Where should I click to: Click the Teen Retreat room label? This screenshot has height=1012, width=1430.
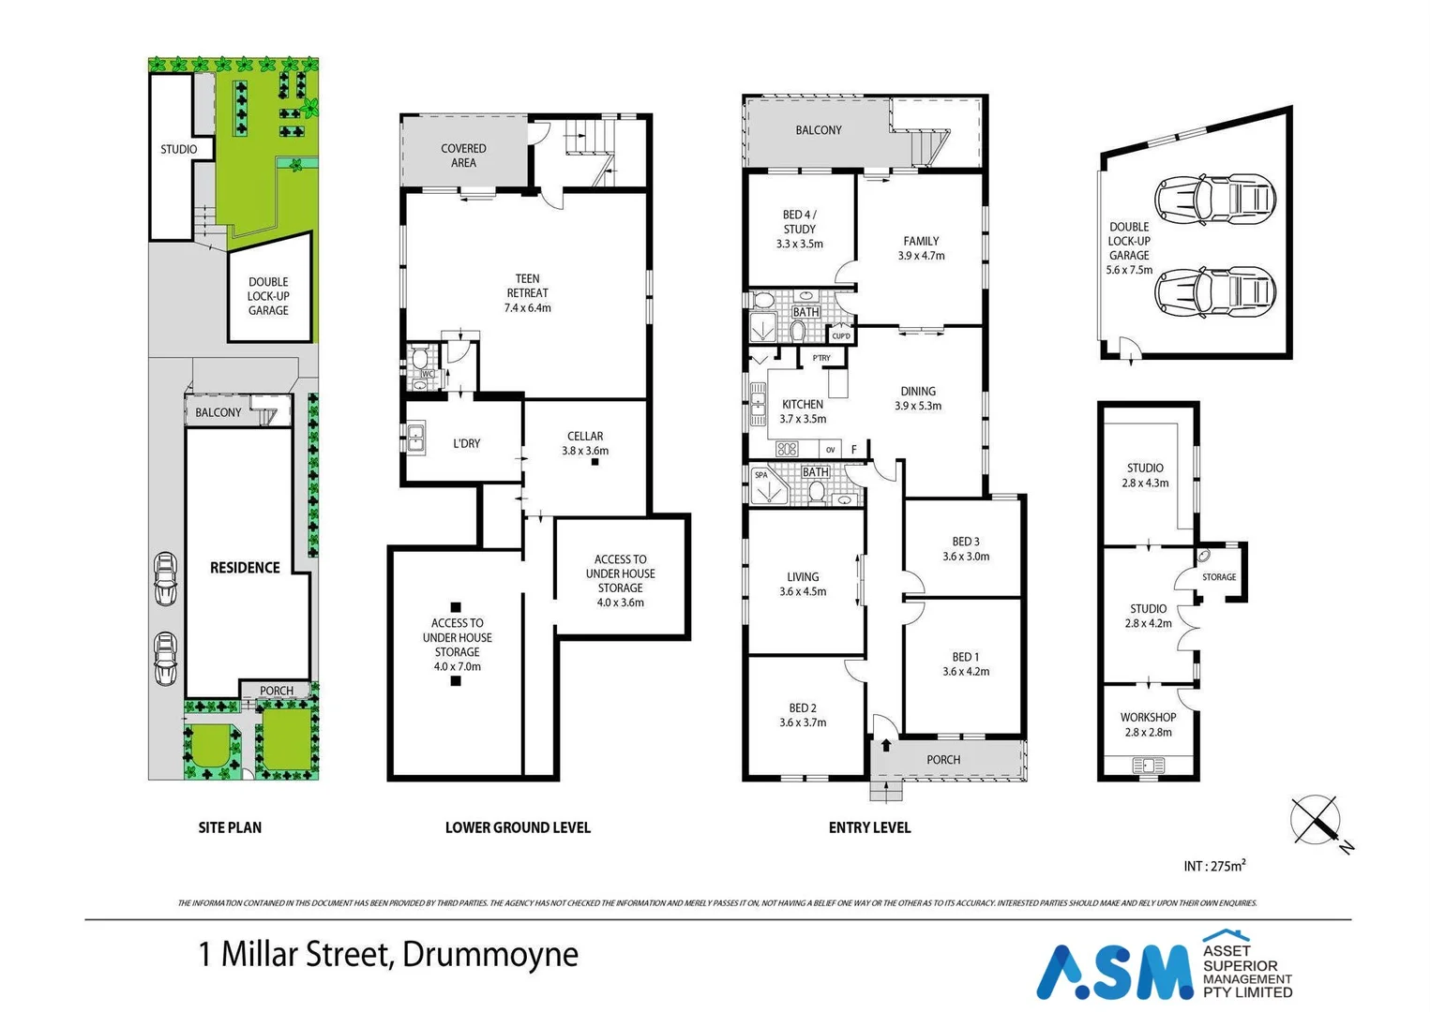[x=527, y=279]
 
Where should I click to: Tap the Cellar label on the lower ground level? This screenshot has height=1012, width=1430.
[x=585, y=437]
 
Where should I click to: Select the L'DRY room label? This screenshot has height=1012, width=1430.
[x=466, y=443]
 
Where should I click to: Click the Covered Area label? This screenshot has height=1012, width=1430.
[x=463, y=156]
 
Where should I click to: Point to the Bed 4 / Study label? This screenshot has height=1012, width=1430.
[x=799, y=222]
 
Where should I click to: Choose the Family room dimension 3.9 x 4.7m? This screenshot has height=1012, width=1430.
[x=921, y=256]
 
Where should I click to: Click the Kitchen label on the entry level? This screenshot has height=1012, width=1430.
[x=803, y=405]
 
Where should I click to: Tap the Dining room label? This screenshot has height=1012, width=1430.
[x=918, y=392]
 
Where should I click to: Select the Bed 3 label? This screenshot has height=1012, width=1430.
[x=965, y=542]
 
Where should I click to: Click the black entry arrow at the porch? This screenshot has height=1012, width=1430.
[x=886, y=747]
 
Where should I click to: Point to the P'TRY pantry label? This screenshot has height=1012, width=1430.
[x=821, y=358]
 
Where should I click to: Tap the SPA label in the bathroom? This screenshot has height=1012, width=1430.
[x=761, y=475]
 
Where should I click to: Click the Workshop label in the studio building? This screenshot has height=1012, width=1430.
[x=1148, y=718]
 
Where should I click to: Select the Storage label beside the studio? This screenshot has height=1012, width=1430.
[x=1219, y=577]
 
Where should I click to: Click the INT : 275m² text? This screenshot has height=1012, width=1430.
[x=1214, y=867]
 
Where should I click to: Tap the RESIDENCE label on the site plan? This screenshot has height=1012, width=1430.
[x=245, y=568]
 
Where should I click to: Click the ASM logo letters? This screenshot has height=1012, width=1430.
[x=1115, y=972]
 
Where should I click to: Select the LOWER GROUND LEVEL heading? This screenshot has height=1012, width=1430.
[x=518, y=827]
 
